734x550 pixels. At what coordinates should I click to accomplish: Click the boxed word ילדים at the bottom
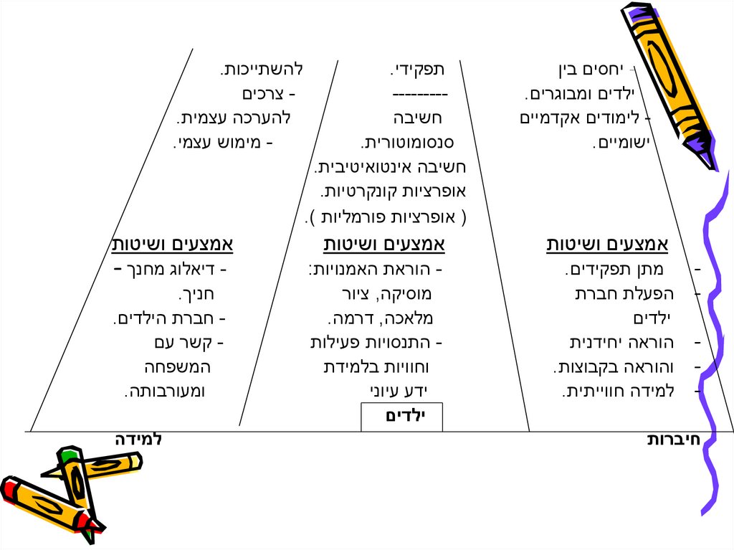[x=402, y=417]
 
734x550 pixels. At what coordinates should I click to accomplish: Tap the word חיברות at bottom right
[x=673, y=440]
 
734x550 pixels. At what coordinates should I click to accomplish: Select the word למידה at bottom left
[x=138, y=439]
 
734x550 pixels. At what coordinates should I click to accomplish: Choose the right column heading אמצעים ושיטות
[x=607, y=245]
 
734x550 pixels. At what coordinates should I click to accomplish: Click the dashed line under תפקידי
[x=419, y=94]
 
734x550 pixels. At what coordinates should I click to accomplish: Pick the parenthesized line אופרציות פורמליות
[x=382, y=216]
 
